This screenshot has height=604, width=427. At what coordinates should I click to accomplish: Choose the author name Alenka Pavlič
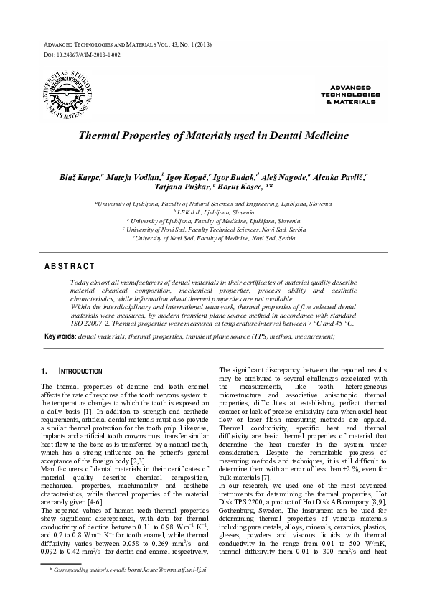340,176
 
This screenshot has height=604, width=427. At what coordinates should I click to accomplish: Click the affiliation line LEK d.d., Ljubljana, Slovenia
215,213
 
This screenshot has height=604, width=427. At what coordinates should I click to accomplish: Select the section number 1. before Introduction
44,372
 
